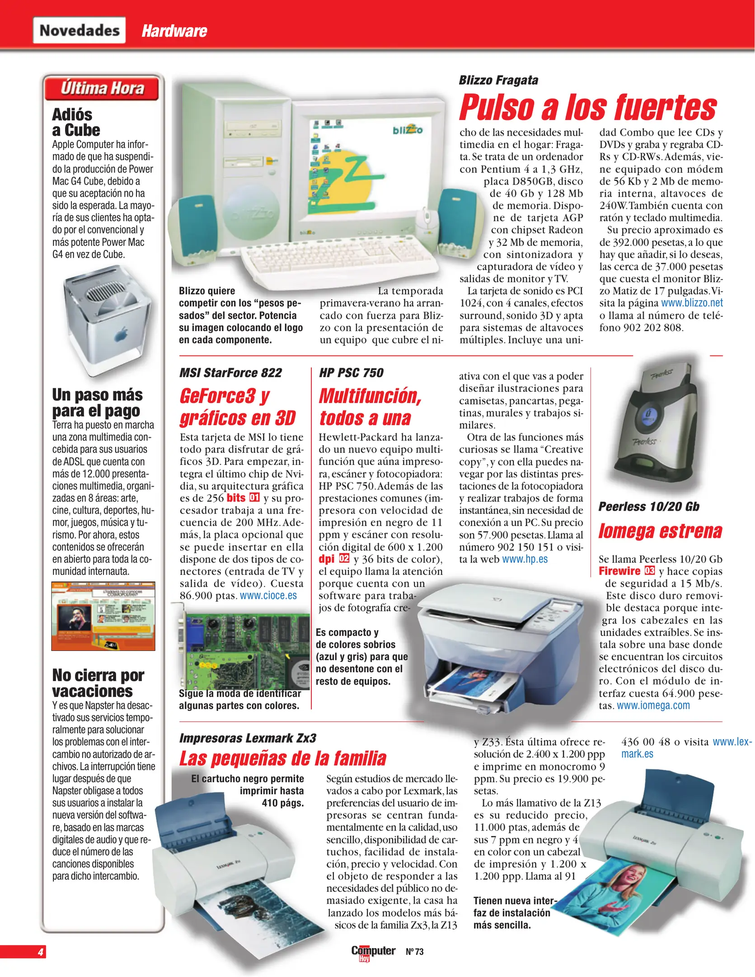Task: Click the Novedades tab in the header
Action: coord(79,30)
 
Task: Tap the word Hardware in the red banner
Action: coord(174,31)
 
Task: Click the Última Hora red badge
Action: coord(102,88)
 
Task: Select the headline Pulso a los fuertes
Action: coord(587,108)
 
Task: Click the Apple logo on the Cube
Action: coord(121,335)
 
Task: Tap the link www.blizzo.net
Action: coord(692,303)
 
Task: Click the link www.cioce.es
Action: coord(268,596)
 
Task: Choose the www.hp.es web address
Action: coord(525,560)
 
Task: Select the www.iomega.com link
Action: coord(653,706)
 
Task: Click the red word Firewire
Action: coord(619,571)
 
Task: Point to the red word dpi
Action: coord(326,559)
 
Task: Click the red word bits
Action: coord(236,498)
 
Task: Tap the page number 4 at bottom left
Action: coord(41,952)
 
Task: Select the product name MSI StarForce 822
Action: coord(230,373)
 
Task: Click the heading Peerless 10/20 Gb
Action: coord(648,507)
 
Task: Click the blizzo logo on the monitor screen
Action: coord(407,130)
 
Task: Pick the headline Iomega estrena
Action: coord(660,531)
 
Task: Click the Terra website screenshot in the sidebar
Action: coord(103,616)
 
